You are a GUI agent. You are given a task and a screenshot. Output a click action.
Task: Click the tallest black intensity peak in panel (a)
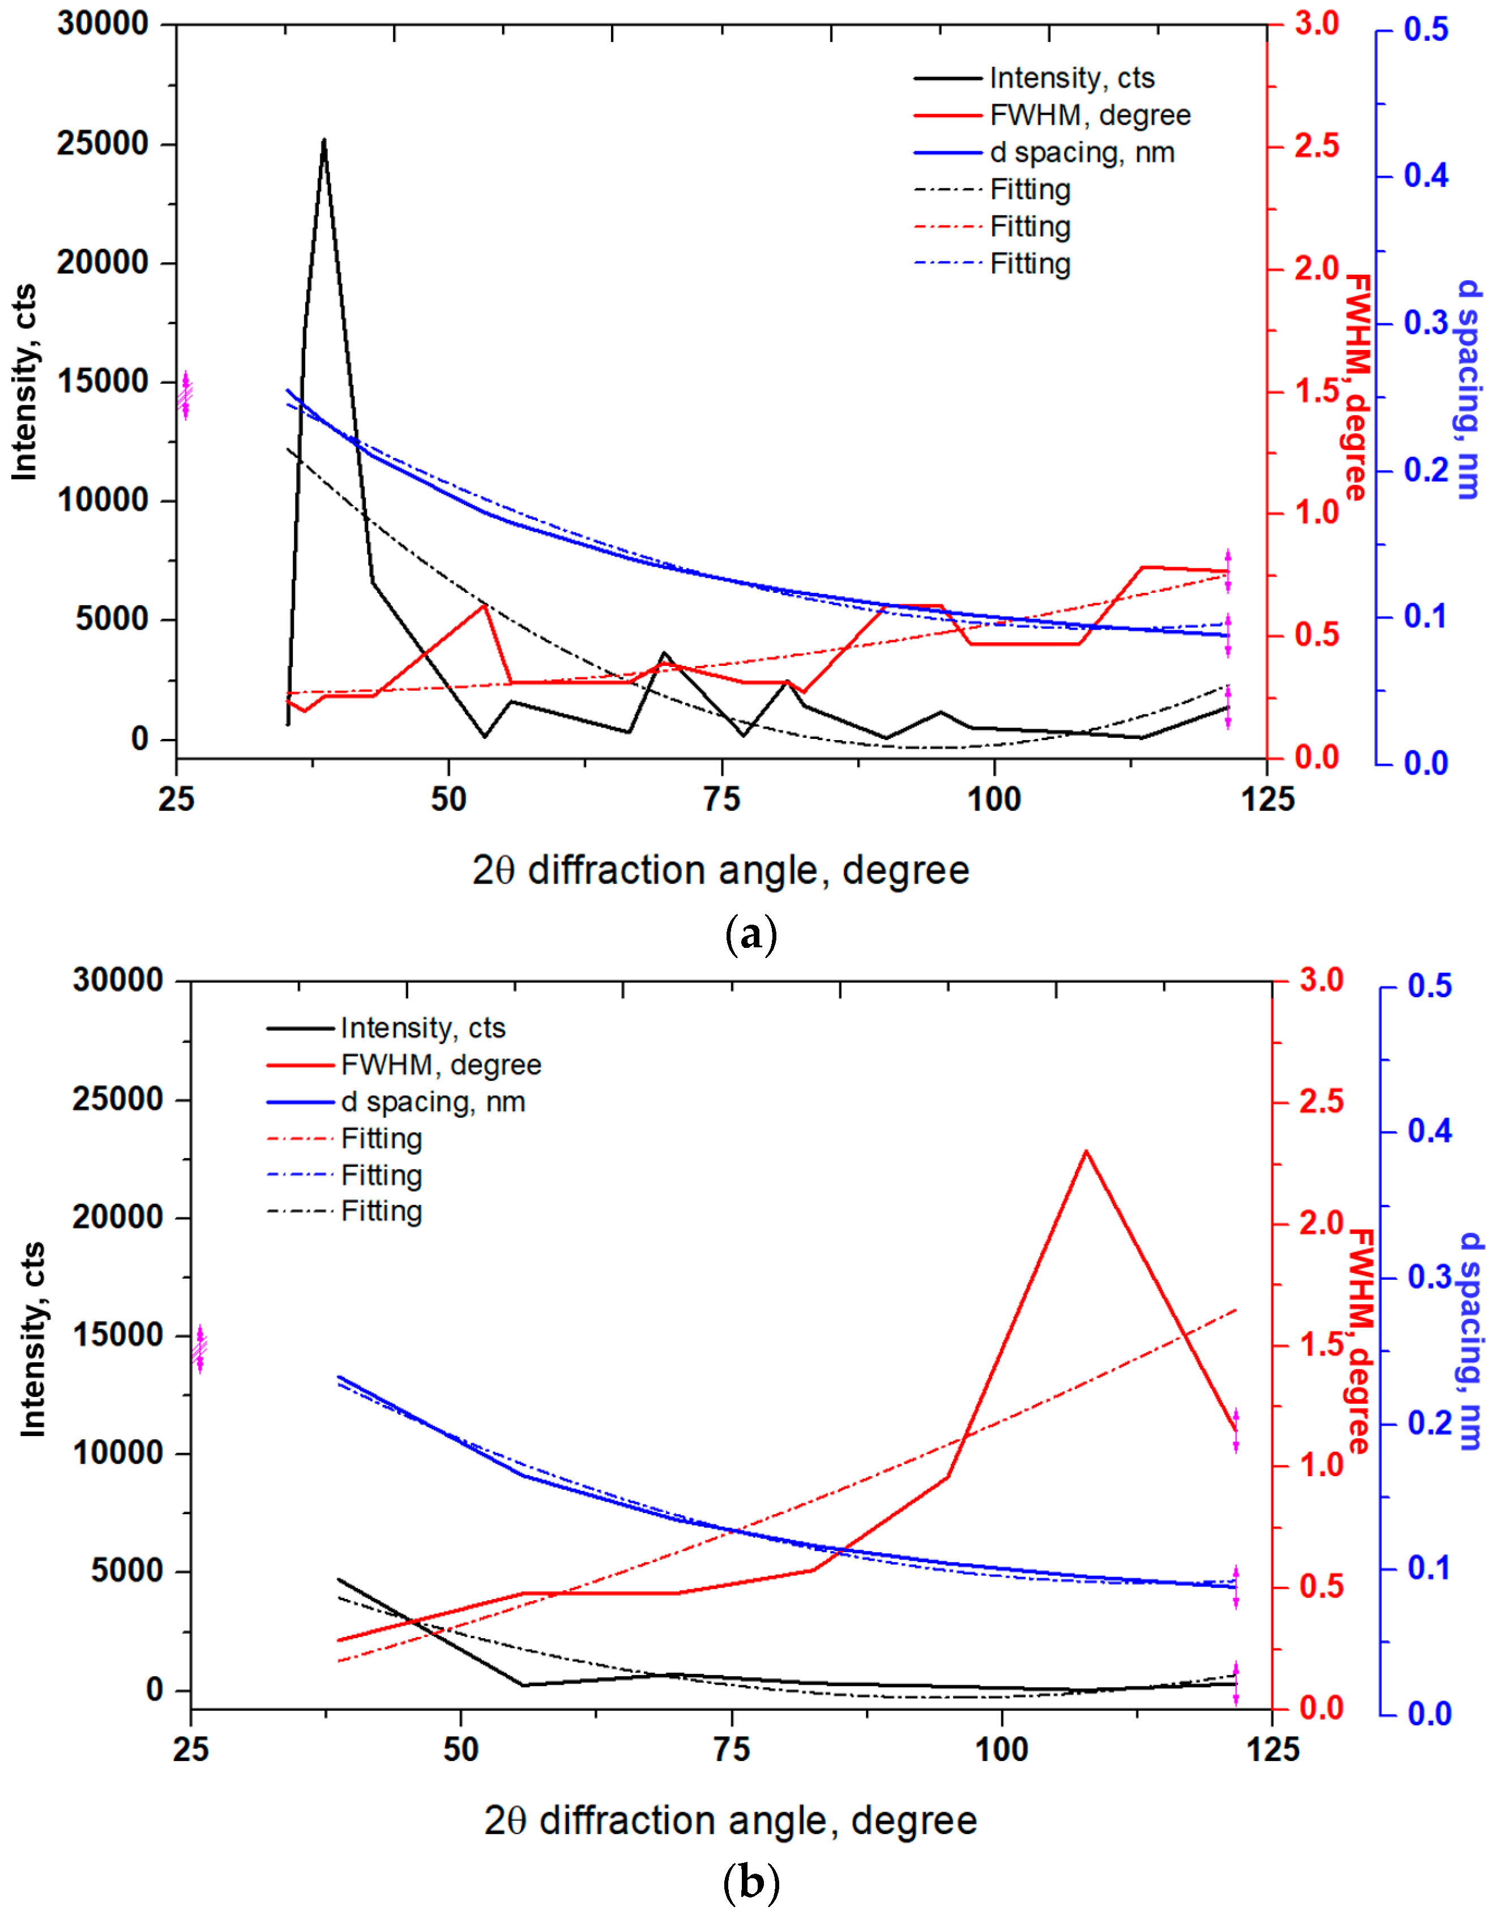323,140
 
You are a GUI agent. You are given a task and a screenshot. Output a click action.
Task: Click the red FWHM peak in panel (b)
1086,1152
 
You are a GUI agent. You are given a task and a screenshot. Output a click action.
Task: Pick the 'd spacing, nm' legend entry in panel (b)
433,1102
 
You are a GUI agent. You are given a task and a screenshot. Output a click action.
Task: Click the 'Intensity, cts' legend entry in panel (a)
1070,78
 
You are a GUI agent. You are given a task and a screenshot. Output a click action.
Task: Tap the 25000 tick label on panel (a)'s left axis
103,143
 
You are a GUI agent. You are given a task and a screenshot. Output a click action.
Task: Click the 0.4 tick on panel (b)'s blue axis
1430,1130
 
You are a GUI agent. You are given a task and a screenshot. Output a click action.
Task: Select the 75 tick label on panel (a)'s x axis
721,799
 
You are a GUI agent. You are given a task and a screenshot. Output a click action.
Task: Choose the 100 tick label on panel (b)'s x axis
1001,1750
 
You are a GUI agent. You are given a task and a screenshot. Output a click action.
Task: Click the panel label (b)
750,1883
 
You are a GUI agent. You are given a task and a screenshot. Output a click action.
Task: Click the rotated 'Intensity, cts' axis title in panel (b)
33,1340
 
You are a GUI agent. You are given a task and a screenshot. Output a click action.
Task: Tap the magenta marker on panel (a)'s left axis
185,395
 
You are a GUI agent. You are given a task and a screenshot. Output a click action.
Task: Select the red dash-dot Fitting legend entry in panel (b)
381,1139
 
